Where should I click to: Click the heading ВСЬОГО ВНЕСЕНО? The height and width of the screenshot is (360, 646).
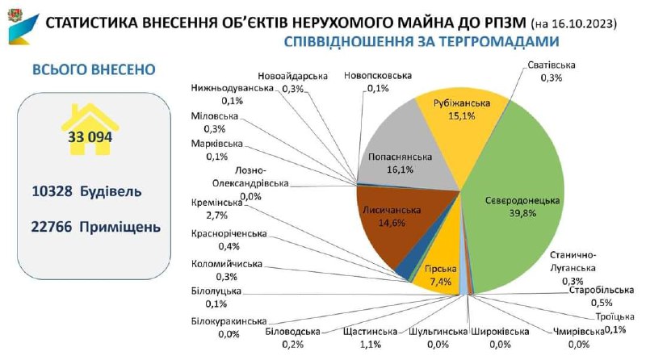(x=93, y=69)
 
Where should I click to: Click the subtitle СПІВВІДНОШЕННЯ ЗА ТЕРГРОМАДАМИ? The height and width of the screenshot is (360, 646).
(x=421, y=41)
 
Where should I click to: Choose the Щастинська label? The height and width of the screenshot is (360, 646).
(x=370, y=332)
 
